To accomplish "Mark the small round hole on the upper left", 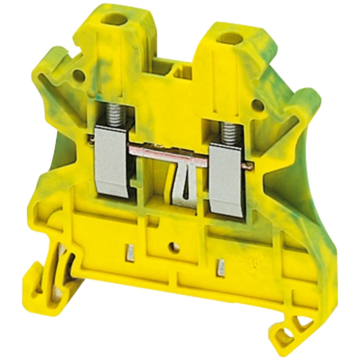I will click(79, 76).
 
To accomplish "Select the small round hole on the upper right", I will click(258, 104).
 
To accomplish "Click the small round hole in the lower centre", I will click(173, 247).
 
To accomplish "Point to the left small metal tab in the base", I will click(130, 252).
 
